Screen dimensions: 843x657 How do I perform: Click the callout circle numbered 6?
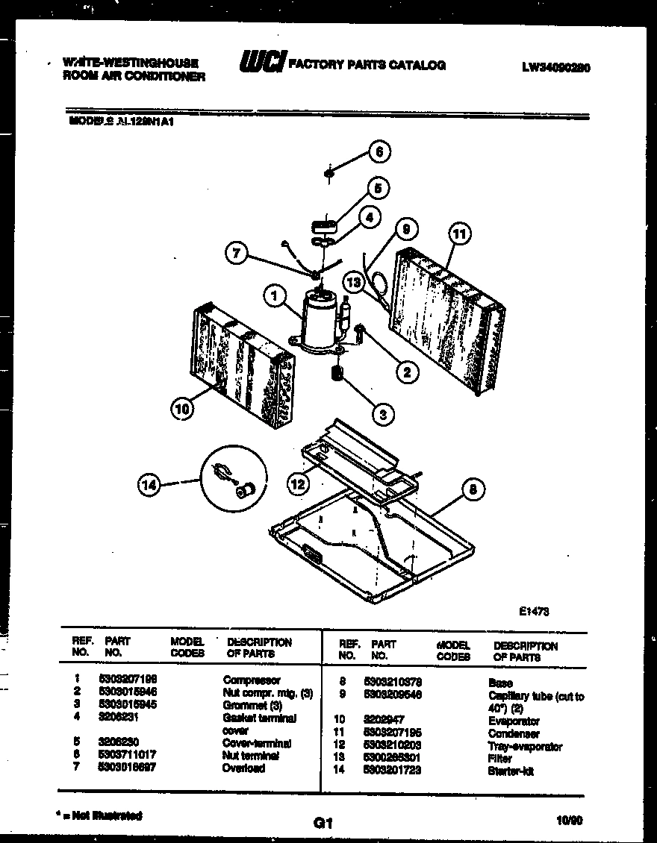[379, 152]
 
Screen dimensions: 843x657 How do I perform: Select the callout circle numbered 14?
[149, 485]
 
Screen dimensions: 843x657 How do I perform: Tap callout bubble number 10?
[182, 408]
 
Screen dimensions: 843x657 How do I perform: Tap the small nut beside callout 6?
[328, 175]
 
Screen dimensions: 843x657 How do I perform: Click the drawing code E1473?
[535, 610]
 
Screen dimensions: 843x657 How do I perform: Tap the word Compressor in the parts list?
[252, 680]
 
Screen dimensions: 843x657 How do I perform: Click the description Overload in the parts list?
[243, 768]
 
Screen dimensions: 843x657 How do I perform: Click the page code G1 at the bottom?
[323, 824]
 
